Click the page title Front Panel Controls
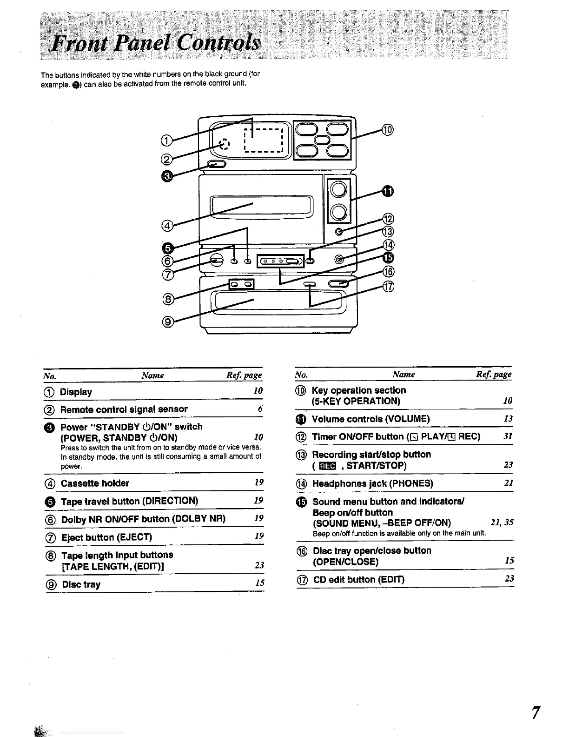(156, 45)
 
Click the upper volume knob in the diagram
(339, 189)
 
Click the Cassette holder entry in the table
(95, 483)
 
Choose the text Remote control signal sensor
(124, 409)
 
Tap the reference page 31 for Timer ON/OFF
(508, 436)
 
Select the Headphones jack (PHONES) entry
(372, 484)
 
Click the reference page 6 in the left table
(260, 409)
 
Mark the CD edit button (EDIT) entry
(359, 580)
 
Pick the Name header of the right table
(404, 375)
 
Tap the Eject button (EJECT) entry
(107, 537)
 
